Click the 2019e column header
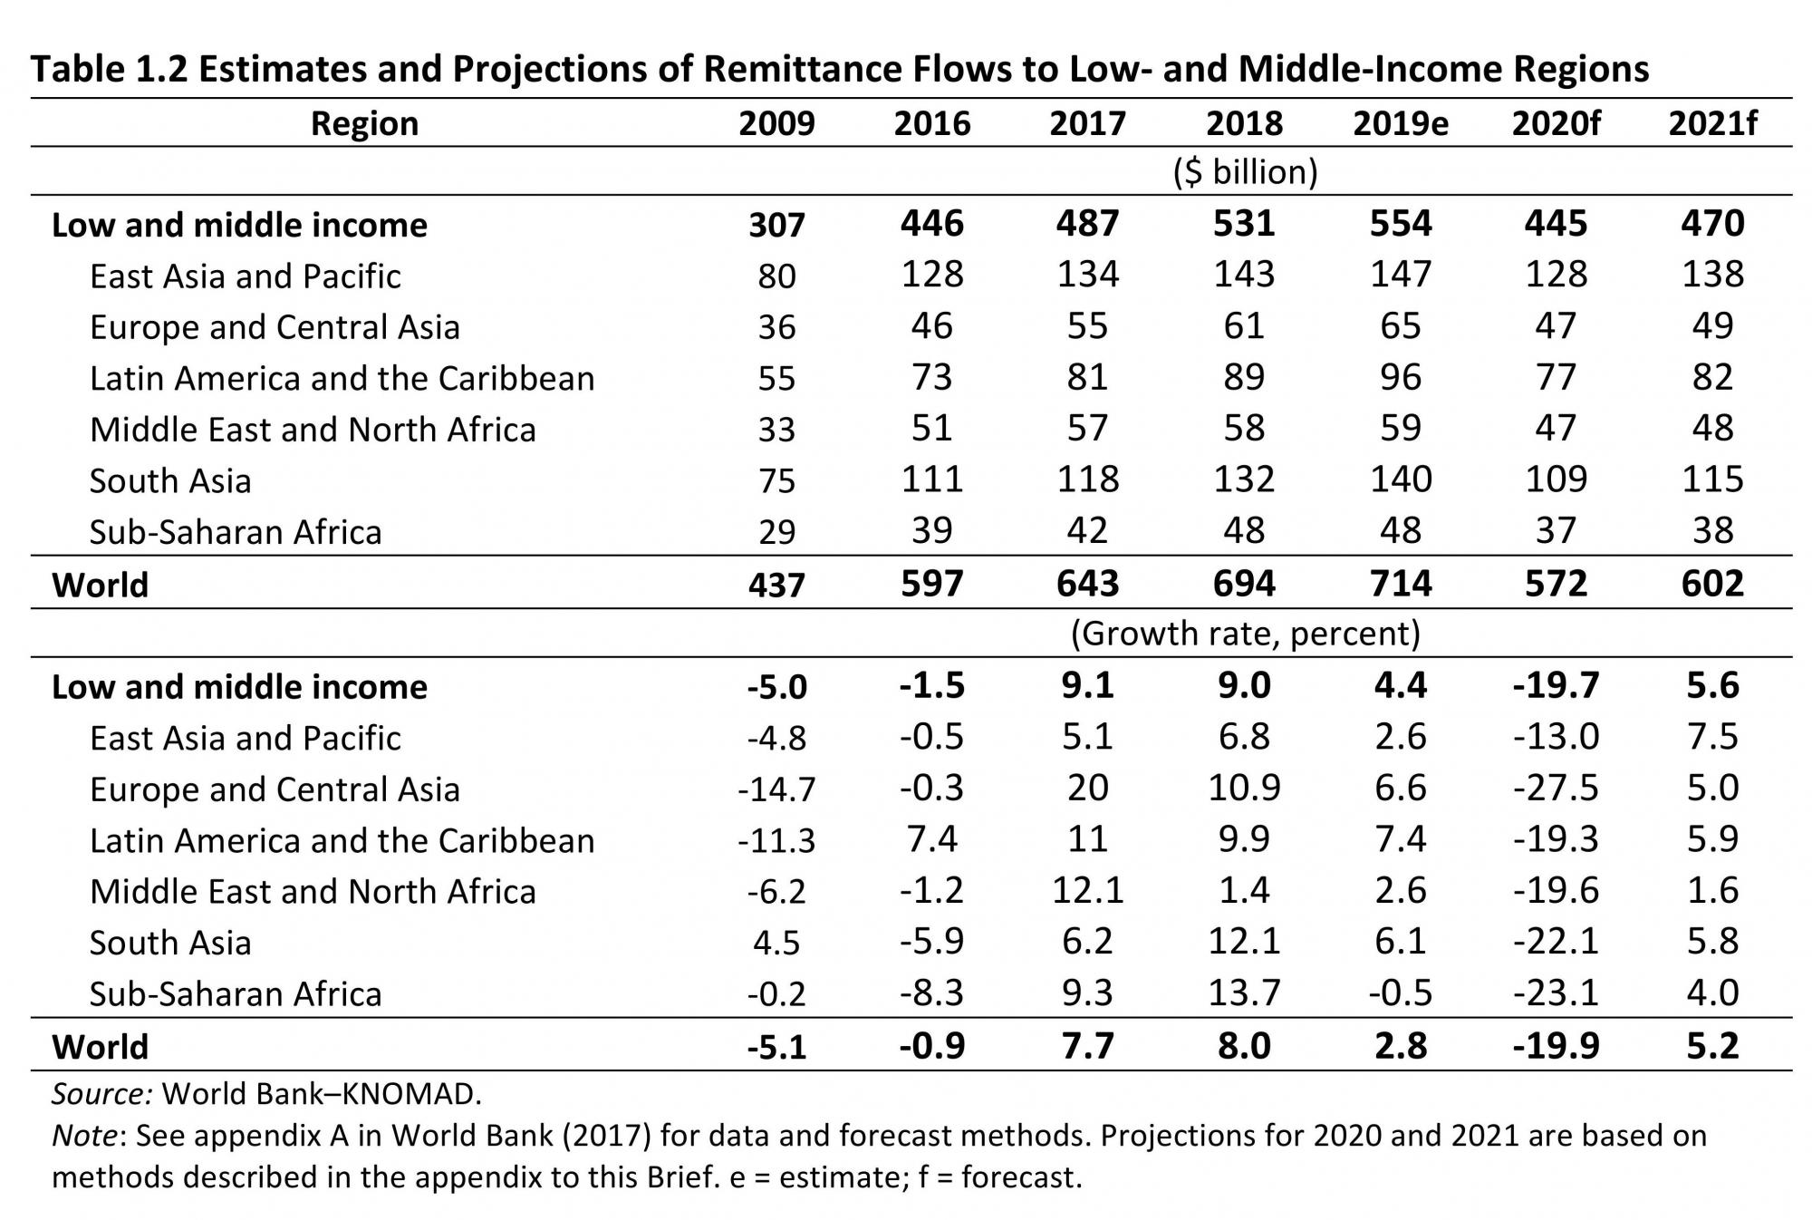1400,123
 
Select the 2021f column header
1711,123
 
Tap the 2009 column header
776,123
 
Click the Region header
364,123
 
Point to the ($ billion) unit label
1245,171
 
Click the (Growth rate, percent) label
1245,633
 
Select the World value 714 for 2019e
1400,584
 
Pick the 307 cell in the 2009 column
776,225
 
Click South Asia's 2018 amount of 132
1244,479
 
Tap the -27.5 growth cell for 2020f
1556,789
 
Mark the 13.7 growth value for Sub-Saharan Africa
1244,993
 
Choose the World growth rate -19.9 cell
1556,1046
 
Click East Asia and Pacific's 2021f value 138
1711,275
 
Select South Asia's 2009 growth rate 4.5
776,943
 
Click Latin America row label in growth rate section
342,840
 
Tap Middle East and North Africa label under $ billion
313,429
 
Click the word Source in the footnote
101,1094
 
